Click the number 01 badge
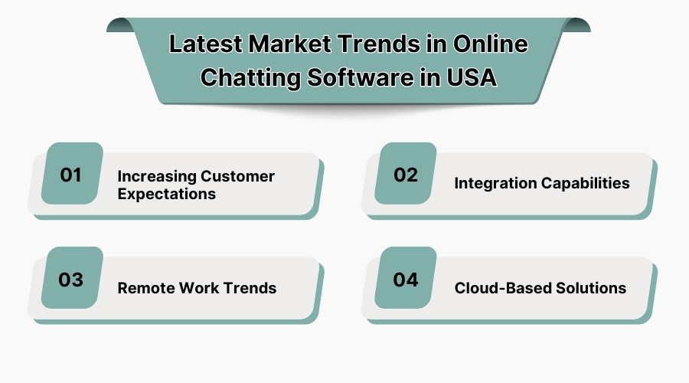71,174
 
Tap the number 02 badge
406,174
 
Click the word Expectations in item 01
166,194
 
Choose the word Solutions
591,289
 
